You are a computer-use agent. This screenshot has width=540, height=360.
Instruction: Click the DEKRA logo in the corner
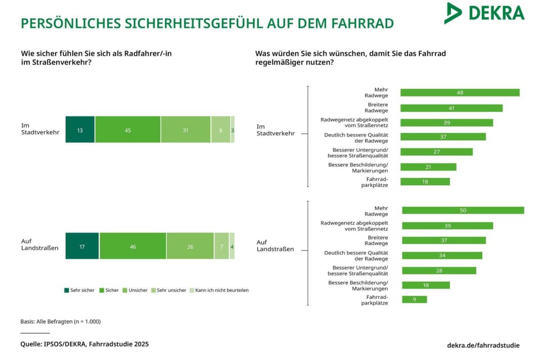pos(484,13)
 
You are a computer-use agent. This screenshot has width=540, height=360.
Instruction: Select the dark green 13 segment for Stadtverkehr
pos(80,129)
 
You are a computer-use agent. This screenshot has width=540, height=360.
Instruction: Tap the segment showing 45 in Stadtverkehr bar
pos(127,129)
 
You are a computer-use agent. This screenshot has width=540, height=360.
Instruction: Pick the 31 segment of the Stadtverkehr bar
pos(186,129)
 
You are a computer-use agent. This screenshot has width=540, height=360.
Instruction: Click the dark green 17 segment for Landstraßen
pos(82,246)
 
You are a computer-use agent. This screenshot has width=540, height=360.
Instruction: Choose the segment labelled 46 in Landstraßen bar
pos(132,246)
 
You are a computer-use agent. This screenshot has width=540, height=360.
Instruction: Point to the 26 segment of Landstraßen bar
pos(190,246)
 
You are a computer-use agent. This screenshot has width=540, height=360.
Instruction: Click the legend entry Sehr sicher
pos(79,290)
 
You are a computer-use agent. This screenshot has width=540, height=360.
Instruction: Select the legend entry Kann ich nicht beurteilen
pos(218,290)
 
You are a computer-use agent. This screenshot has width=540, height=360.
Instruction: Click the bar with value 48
pos(460,93)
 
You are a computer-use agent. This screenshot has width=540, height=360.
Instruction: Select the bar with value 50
pos(463,210)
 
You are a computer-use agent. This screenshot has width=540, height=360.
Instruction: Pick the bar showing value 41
pos(451,108)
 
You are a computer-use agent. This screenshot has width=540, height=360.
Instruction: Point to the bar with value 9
pos(414,299)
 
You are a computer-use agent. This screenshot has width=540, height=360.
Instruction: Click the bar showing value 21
pos(428,167)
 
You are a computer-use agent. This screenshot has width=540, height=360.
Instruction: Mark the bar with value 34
pos(441,255)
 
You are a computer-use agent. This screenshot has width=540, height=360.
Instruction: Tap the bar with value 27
pos(436,152)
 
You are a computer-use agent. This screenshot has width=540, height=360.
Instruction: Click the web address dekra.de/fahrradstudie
pos(483,345)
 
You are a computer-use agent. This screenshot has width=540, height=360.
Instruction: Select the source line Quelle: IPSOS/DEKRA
pos(84,344)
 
